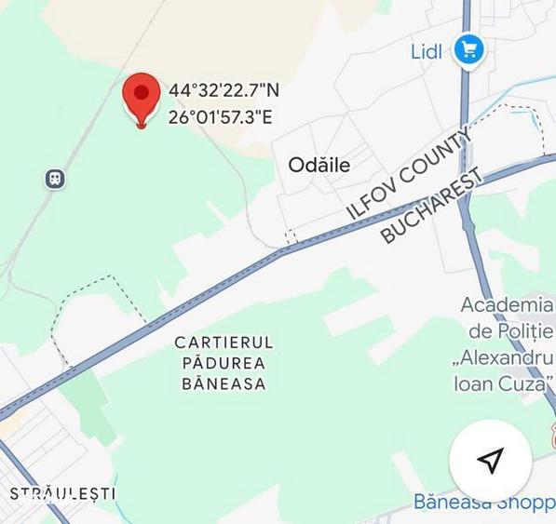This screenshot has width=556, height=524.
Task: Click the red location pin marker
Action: coord(141,97)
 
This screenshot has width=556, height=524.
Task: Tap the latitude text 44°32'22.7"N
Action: coord(224,90)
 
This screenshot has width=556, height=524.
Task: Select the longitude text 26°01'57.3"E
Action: coord(221,117)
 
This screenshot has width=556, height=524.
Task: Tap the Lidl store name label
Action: coord(427,51)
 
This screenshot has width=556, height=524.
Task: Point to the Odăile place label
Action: coord(319,165)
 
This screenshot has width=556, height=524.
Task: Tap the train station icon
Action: coord(55,178)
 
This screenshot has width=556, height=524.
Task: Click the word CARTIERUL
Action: coord(224,343)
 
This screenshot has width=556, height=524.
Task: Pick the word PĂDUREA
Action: coord(224,363)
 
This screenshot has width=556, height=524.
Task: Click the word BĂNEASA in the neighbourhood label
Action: coord(224,383)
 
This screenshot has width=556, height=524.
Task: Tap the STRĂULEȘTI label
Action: coord(61,493)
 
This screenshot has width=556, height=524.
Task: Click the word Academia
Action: coord(508,305)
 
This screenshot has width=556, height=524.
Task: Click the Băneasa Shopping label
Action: coord(484,502)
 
